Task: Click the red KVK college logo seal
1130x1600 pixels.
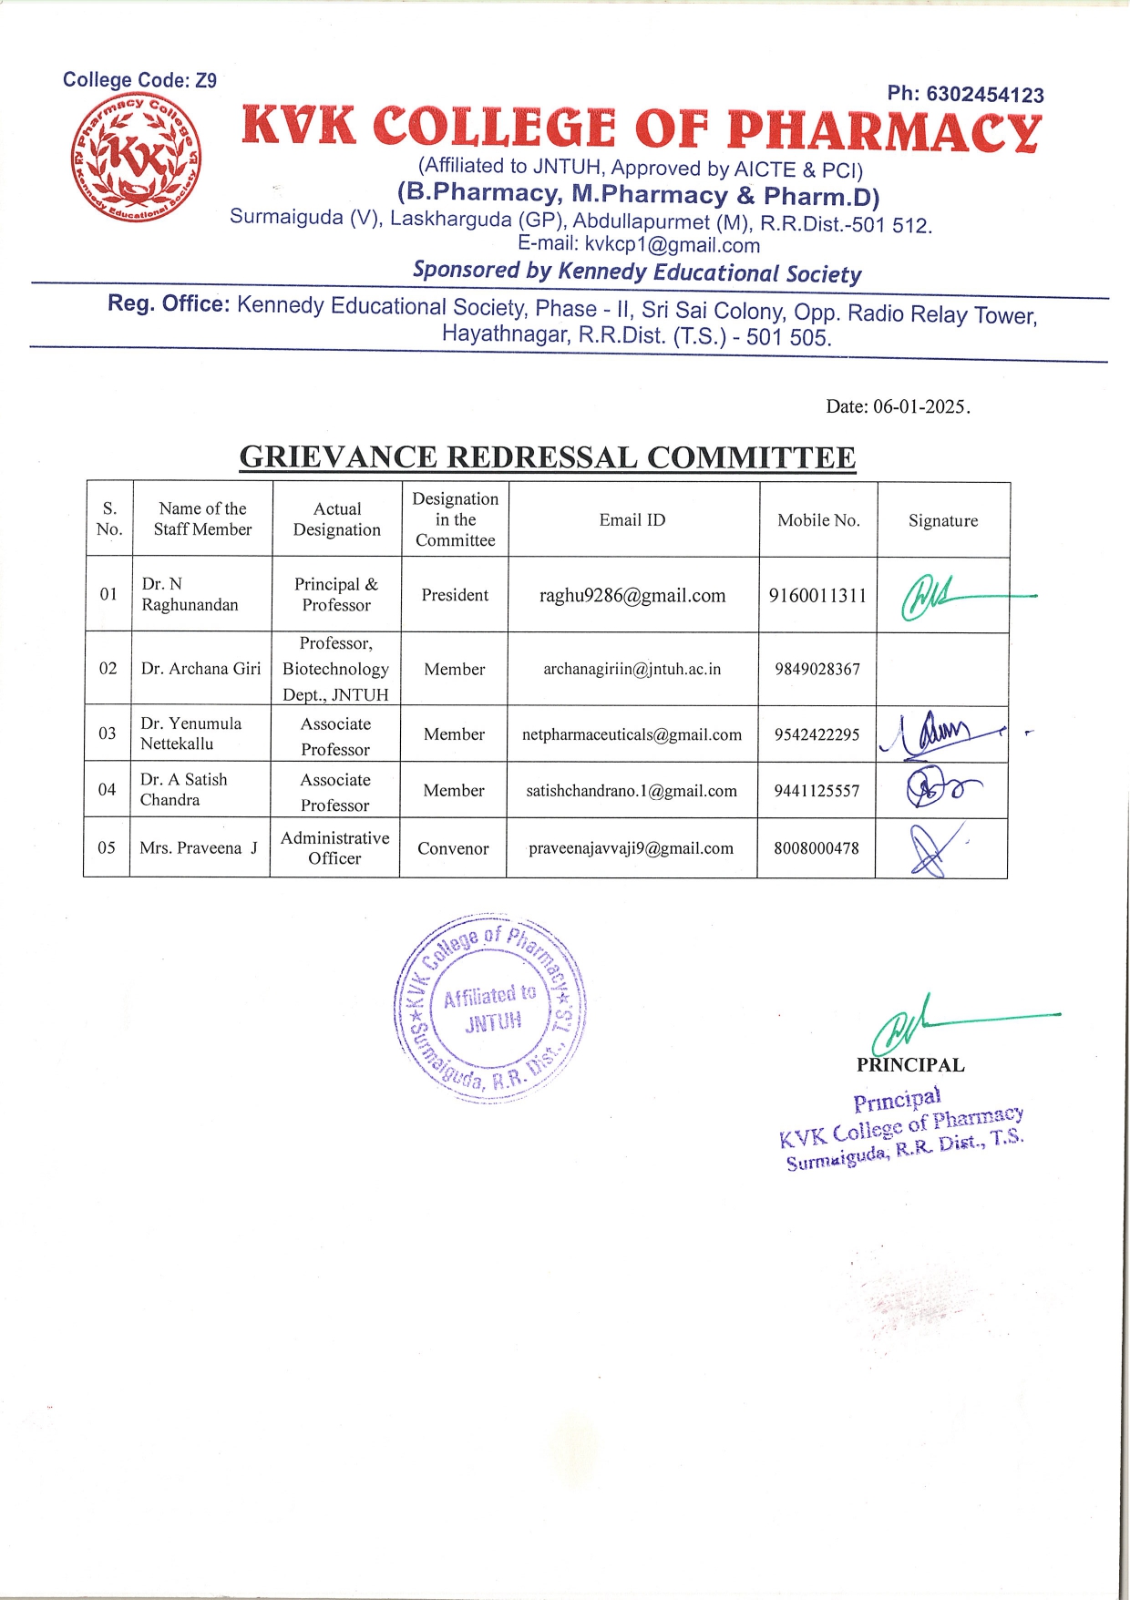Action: (x=137, y=158)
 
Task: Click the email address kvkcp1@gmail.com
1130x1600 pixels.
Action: (x=672, y=244)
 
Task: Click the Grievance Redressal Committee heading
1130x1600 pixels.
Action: (x=547, y=456)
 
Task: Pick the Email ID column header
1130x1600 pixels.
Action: (x=632, y=520)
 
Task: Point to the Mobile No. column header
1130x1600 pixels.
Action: (x=818, y=520)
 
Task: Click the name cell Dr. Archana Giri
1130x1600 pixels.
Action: (x=200, y=669)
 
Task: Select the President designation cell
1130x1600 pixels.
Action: (x=455, y=595)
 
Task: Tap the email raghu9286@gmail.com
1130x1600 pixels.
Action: (x=632, y=596)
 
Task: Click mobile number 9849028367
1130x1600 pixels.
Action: (x=817, y=669)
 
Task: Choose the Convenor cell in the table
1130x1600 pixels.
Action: (x=453, y=848)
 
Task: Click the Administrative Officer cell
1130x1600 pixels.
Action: (x=334, y=847)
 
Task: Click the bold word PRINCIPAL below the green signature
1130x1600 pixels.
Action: (x=910, y=1064)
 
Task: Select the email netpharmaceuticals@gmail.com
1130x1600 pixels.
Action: (x=632, y=734)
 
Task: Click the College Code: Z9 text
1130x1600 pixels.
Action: (x=139, y=80)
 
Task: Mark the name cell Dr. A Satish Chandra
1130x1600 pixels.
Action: (x=184, y=789)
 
